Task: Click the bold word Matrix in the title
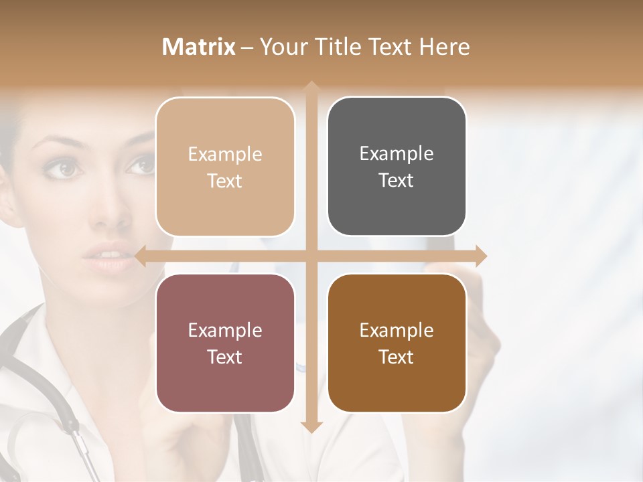[x=199, y=47]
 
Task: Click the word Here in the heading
[x=444, y=47]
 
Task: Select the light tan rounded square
[x=225, y=167]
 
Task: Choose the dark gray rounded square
[x=397, y=167]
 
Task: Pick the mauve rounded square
[x=225, y=343]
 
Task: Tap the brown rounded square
[x=397, y=343]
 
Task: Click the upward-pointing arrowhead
[x=311, y=88]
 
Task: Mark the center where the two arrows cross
[x=311, y=256]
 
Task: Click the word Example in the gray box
[x=397, y=153]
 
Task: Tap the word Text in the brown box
[x=397, y=357]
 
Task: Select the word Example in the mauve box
[x=225, y=330]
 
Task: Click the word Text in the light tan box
[x=225, y=181]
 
